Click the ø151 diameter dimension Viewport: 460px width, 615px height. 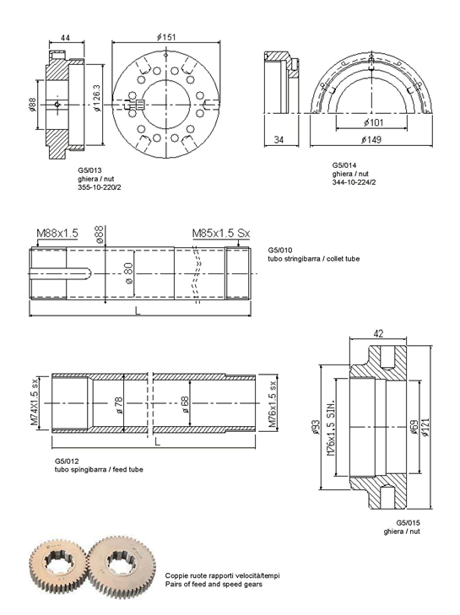166,37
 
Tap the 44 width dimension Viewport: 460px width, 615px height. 65,38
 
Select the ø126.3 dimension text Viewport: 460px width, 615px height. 97,98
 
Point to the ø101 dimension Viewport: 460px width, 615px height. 373,123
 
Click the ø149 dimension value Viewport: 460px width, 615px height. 371,140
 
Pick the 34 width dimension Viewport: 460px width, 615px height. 279,140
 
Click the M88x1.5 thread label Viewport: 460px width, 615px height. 57,233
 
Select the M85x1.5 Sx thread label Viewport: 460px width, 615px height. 221,233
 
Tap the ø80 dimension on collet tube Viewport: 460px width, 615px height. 128,273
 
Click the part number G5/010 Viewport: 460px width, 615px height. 280,250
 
